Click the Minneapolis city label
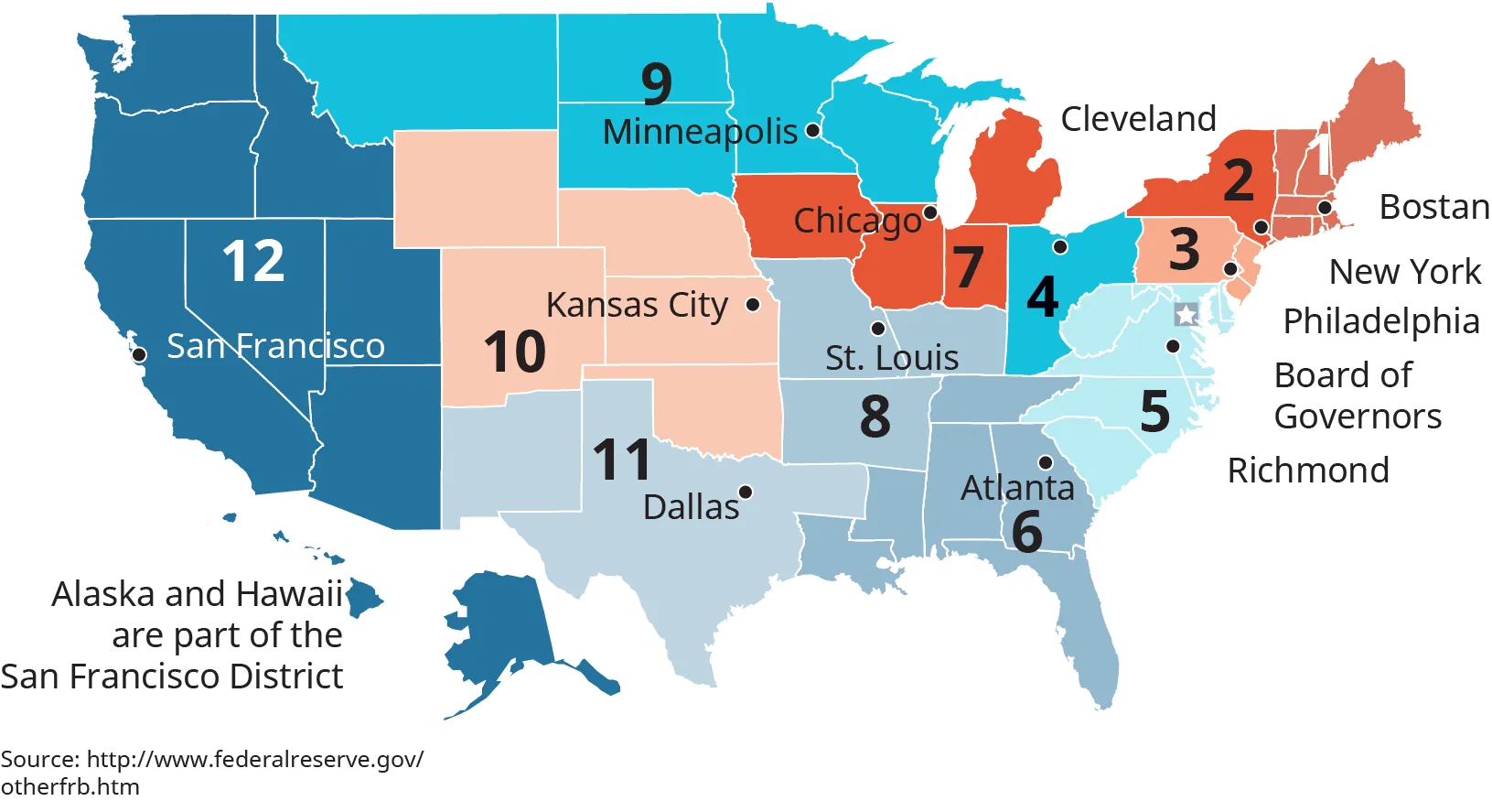point(700,132)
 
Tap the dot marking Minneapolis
point(812,131)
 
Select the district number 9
point(657,84)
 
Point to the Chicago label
point(857,221)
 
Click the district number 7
point(969,267)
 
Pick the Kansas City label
point(637,305)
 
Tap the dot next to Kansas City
point(753,305)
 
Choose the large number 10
point(515,352)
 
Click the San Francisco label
point(275,346)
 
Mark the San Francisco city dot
point(140,354)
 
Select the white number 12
point(253,261)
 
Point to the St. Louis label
point(892,358)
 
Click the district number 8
point(875,417)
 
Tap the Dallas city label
point(691,507)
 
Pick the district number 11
point(622,460)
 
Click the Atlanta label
point(1017,488)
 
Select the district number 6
point(1027,532)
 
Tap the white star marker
point(1186,315)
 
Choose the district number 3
point(1185,249)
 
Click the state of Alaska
point(499,632)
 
